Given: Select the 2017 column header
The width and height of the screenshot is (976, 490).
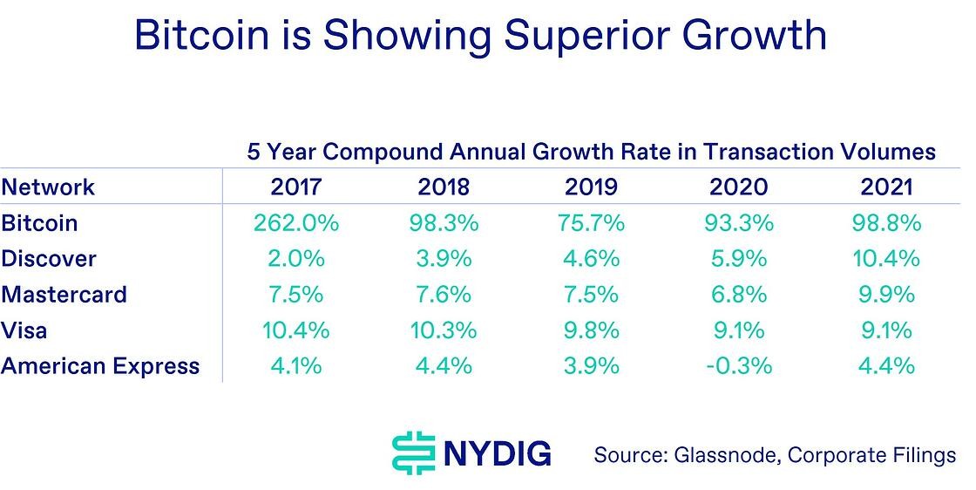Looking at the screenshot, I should point(296,187).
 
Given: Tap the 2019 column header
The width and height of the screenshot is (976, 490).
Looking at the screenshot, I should point(591,187).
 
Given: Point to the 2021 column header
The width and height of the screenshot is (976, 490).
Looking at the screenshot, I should point(885,187).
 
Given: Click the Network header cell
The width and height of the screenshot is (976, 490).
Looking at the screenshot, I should point(48,187).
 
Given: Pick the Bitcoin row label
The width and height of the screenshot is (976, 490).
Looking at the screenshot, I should point(39,223).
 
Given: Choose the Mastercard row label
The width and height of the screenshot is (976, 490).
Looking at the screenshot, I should point(64,295).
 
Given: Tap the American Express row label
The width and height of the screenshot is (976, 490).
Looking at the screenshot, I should point(100,366).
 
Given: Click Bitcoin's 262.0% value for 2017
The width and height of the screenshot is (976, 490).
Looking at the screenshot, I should point(296,223).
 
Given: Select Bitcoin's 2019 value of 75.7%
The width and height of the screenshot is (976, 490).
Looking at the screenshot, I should point(591,223).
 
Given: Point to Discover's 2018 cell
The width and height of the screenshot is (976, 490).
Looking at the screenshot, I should point(444,259).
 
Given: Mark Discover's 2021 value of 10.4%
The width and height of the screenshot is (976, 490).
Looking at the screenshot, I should point(885,259).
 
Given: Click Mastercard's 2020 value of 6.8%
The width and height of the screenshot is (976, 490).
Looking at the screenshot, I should point(738,295).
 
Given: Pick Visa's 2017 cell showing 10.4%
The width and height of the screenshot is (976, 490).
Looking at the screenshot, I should point(296,330).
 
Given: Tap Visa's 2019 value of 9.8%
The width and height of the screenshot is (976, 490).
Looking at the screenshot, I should point(591,330).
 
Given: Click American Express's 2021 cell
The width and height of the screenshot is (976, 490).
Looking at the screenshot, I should point(885,366).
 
